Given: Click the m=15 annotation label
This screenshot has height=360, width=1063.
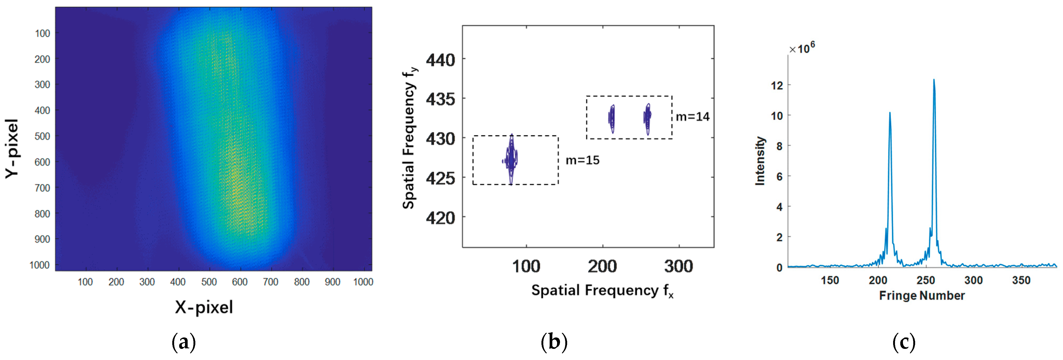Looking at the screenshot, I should (x=582, y=160).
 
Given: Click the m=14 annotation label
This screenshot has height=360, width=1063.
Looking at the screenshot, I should (x=693, y=117).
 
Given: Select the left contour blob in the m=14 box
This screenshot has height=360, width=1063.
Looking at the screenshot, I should (x=612, y=118).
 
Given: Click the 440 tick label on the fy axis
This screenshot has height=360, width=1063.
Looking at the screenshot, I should (x=440, y=60).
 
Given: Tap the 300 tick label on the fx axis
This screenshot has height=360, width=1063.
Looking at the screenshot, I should (x=678, y=266).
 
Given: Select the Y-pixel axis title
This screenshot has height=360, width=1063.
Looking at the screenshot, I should (x=12, y=149).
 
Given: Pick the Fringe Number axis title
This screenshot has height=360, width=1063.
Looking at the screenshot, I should (x=921, y=296).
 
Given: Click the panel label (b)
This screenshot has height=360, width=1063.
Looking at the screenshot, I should (x=554, y=342).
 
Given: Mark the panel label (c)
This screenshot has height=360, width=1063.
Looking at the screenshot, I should (x=904, y=342).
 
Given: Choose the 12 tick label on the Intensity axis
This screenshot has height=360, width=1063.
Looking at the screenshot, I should (x=777, y=85).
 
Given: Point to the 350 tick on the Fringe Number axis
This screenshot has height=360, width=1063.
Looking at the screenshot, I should (x=1021, y=280).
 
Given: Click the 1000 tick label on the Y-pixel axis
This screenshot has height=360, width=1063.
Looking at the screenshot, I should (x=39, y=265).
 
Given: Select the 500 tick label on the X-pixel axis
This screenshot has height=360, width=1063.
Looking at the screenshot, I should (x=209, y=282).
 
